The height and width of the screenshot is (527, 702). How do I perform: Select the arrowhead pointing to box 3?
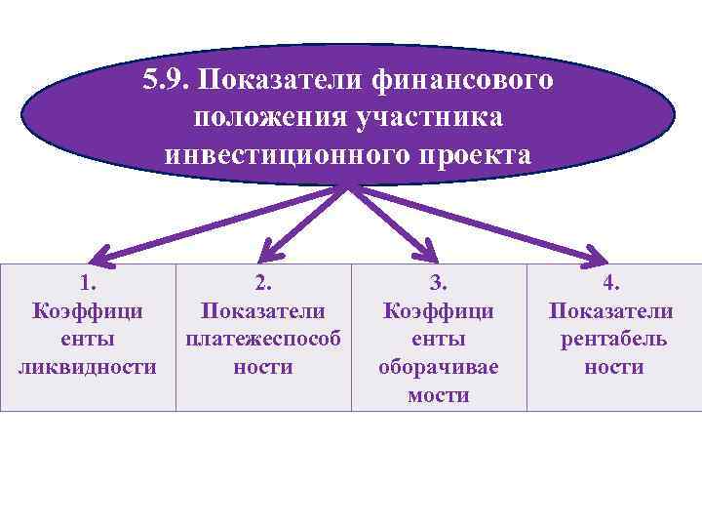(425, 254)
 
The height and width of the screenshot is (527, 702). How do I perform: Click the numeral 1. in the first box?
(88, 283)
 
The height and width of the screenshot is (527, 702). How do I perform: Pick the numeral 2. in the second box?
(263, 283)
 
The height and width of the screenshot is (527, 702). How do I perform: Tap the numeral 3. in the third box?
(439, 283)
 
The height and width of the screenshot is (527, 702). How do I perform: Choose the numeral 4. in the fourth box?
(613, 283)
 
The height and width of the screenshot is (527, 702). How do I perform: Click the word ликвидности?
(88, 368)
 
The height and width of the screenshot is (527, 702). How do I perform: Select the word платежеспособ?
(263, 340)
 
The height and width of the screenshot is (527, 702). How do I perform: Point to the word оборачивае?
(439, 368)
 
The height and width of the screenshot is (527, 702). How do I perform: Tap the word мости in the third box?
(439, 395)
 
